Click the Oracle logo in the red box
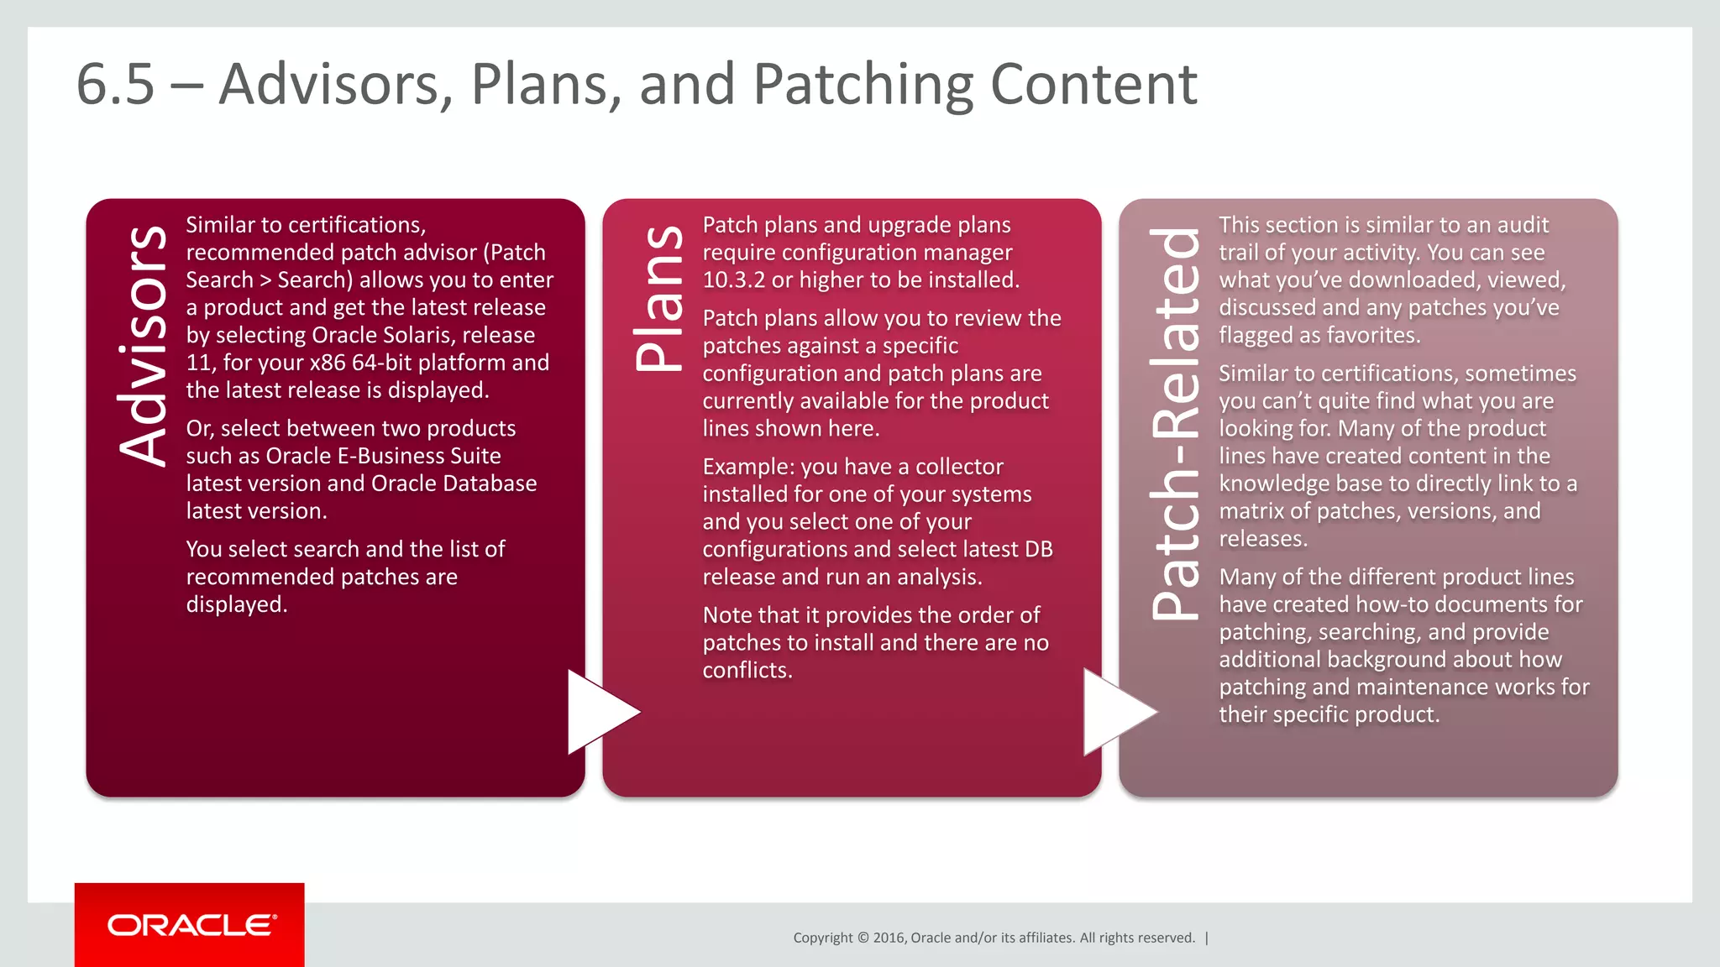pyautogui.click(x=191, y=925)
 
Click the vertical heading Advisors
pyautogui.click(x=143, y=345)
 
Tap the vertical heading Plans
pyautogui.click(x=659, y=298)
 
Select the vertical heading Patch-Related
pyautogui.click(x=1176, y=424)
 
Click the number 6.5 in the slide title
pyautogui.click(x=116, y=84)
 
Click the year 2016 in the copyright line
pyautogui.click(x=889, y=938)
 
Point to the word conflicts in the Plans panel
pyautogui.click(x=747, y=670)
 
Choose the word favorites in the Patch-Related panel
pyautogui.click(x=1371, y=335)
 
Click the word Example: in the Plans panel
pyautogui.click(x=749, y=467)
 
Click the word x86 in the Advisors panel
pyautogui.click(x=328, y=363)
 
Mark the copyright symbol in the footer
pyautogui.click(x=863, y=938)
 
